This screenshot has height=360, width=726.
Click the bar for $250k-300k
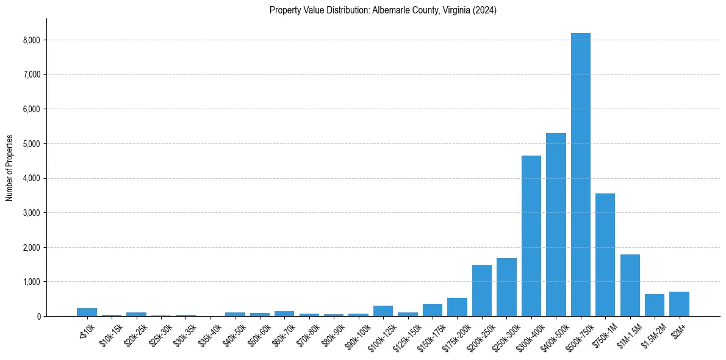coord(506,287)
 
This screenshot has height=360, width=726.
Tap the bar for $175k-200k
coord(457,307)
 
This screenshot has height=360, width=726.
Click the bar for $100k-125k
coord(383,311)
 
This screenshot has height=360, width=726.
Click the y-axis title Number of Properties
coord(10,168)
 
